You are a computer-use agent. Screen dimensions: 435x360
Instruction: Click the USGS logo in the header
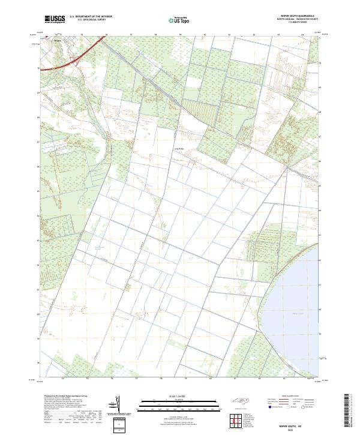pyautogui.click(x=55, y=20)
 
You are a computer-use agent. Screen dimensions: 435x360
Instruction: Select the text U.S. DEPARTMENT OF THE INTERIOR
pyautogui.click(x=91, y=17)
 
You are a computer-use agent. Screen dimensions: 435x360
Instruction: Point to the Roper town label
pyautogui.click(x=58, y=42)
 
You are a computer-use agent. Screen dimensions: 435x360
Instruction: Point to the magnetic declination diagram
pyautogui.click(x=117, y=406)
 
